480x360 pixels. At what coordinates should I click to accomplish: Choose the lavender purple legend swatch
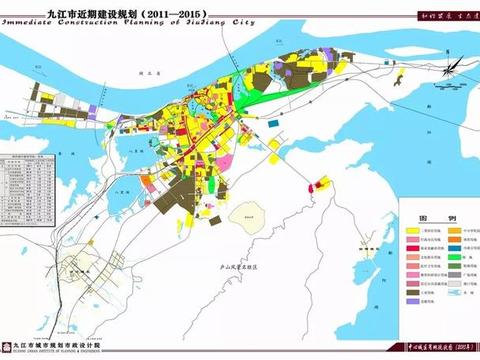pos(412,301)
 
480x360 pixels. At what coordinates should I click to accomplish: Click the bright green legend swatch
pos(456,259)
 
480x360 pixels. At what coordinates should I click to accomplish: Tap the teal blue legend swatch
pos(456,249)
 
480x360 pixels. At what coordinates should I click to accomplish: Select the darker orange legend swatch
pos(456,239)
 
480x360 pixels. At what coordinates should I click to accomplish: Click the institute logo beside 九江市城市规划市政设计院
pos(9,346)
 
